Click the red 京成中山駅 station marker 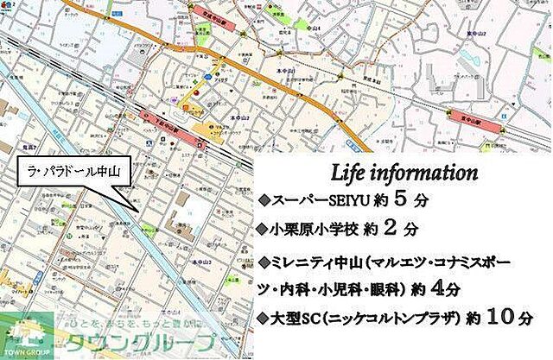point(211,9)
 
